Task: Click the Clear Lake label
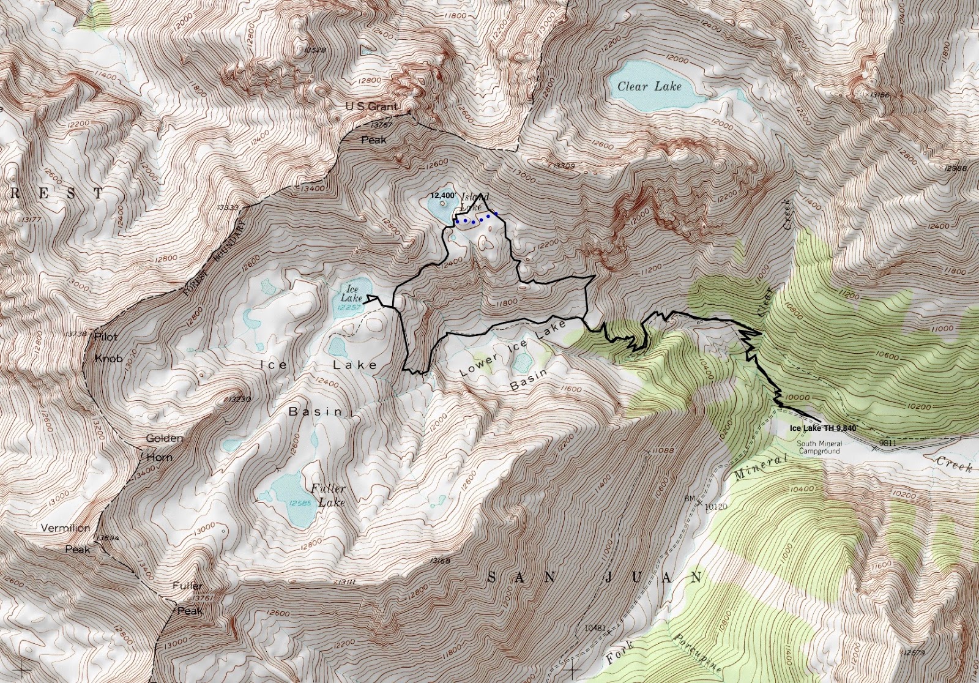[x=649, y=86]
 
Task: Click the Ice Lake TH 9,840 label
[x=823, y=428]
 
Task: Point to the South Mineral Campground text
[x=819, y=447]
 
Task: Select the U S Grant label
[x=371, y=106]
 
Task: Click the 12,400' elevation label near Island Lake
[x=442, y=195]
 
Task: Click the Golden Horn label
[x=163, y=447]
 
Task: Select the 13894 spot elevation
[x=107, y=538]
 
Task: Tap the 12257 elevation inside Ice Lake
[x=349, y=307]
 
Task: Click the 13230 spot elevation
[x=238, y=399]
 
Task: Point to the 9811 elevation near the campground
[x=887, y=442]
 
